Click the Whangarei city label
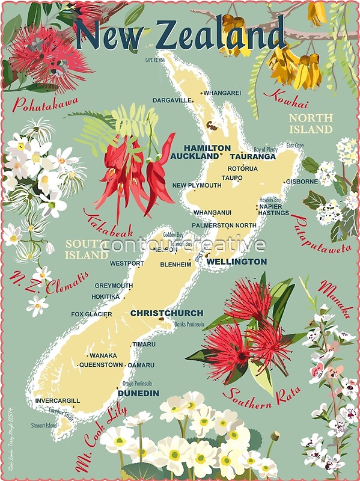[222, 93]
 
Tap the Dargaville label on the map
[172, 100]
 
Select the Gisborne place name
[302, 181]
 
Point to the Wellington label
[236, 262]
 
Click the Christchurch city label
[166, 313]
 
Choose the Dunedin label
[138, 393]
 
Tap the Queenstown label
[101, 365]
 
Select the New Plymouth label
[197, 185]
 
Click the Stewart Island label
[44, 426]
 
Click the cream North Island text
[310, 123]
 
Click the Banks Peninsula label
[189, 325]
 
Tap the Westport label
[127, 263]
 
